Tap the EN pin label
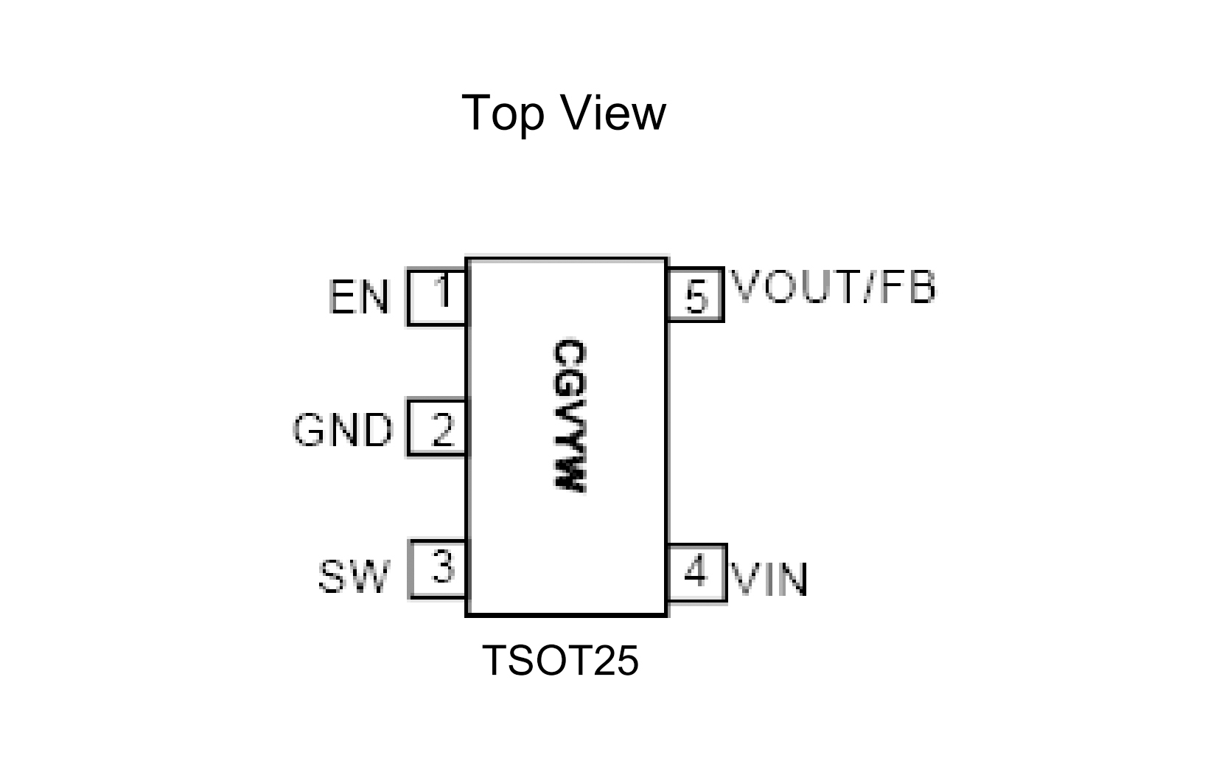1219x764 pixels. point(358,298)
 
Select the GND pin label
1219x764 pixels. point(343,430)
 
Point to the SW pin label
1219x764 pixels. point(353,577)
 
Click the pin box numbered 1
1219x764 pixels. point(438,296)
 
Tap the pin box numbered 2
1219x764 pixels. point(438,428)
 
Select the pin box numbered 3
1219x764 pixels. point(438,569)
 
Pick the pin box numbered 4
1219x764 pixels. point(696,573)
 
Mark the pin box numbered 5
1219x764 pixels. point(695,295)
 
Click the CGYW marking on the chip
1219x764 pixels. point(568,416)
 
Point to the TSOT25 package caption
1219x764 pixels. point(560,660)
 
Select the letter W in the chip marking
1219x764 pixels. point(568,476)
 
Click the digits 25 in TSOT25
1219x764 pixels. point(618,660)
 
